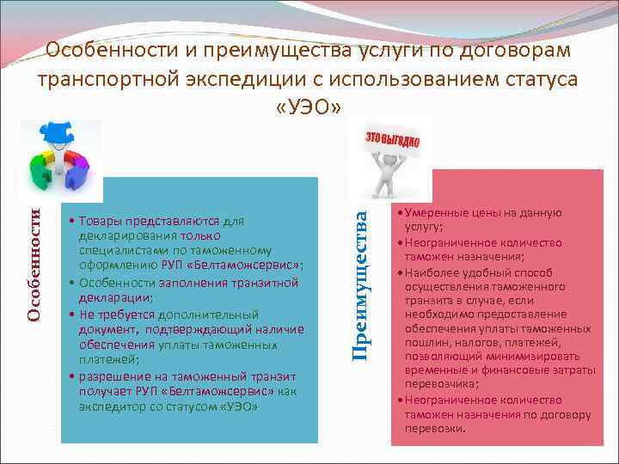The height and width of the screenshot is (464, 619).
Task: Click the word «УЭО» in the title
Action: [x=309, y=107]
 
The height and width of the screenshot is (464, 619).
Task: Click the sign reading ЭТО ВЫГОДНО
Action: [x=393, y=139]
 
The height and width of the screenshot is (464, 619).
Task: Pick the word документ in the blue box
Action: [x=107, y=328]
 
